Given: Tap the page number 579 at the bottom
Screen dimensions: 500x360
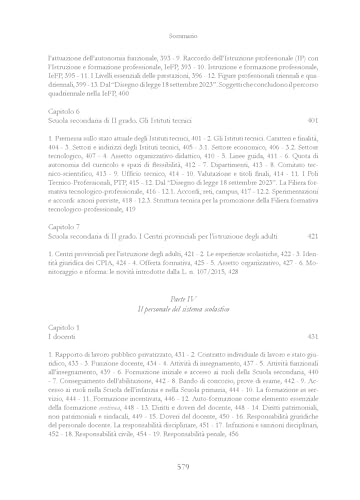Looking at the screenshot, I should click(179, 472).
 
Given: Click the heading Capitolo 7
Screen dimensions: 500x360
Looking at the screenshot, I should click(65, 227).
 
